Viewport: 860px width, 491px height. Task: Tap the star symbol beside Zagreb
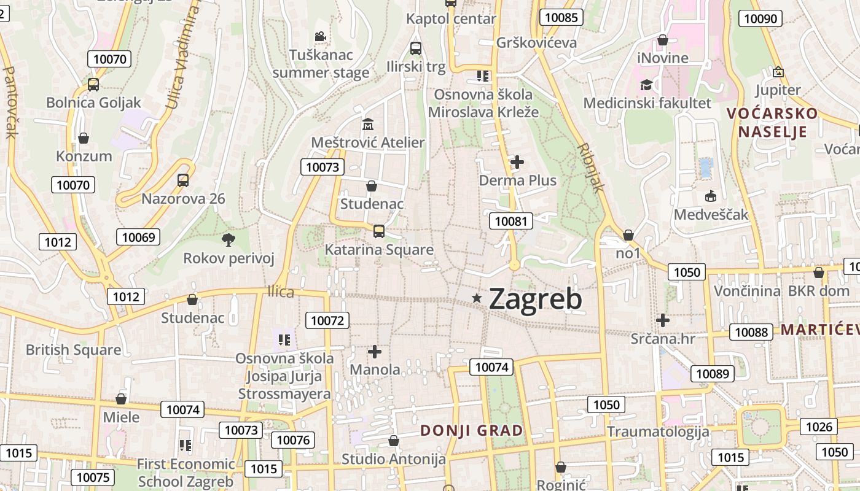click(477, 298)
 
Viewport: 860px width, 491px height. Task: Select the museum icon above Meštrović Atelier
click(368, 124)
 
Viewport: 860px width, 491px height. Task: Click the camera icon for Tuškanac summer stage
click(320, 36)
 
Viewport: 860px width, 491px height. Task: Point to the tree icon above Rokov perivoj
click(229, 239)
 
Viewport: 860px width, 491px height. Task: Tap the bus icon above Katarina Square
click(379, 231)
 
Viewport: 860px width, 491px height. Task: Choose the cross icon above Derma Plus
click(517, 162)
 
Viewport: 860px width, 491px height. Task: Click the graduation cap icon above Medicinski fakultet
click(646, 85)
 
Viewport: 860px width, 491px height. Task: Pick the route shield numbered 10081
click(510, 221)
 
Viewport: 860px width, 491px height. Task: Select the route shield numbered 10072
click(328, 320)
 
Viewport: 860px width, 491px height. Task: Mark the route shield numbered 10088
click(751, 332)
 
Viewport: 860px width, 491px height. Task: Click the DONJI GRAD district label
click(472, 430)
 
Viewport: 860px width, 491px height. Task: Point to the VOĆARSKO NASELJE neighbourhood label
click(772, 122)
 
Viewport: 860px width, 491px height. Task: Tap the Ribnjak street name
click(591, 168)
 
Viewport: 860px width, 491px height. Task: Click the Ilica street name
click(281, 292)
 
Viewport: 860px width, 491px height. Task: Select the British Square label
click(73, 350)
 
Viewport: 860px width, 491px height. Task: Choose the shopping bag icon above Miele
click(121, 400)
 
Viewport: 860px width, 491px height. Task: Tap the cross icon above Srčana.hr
click(662, 320)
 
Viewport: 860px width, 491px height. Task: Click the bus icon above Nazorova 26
click(183, 180)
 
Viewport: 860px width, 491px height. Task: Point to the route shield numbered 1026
click(819, 427)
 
